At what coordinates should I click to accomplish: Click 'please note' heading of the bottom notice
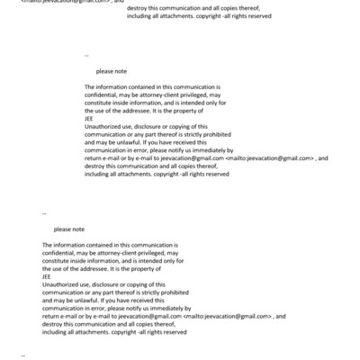[x=68, y=229]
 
